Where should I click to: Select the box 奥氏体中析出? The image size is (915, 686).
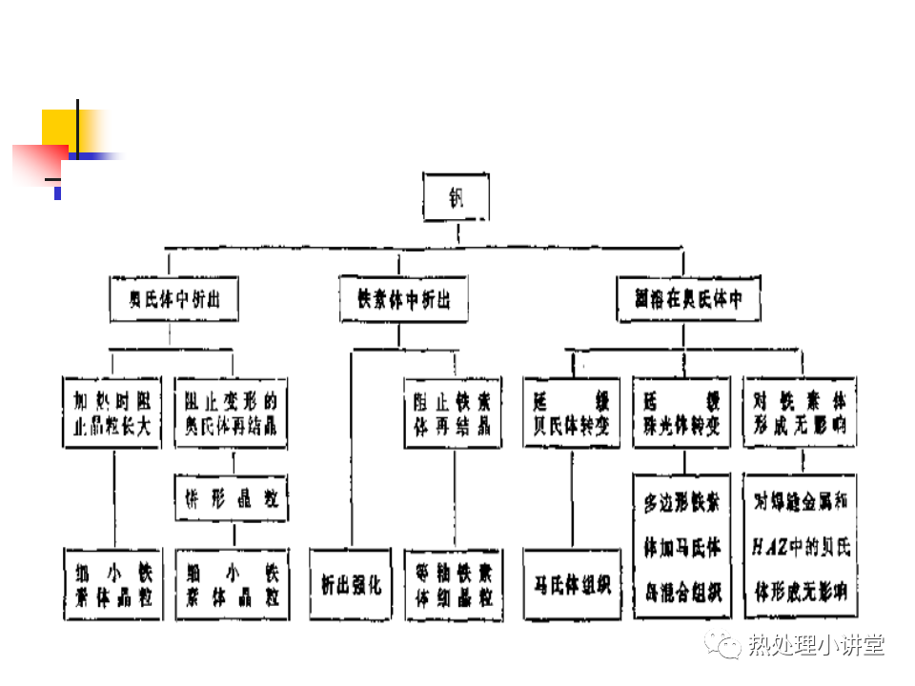(x=173, y=299)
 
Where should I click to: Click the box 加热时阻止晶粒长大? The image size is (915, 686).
(x=112, y=413)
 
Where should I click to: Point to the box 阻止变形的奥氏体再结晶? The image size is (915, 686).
(x=232, y=413)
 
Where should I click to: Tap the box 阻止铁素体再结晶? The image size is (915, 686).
(x=452, y=413)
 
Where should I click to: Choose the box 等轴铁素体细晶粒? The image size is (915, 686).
(x=452, y=584)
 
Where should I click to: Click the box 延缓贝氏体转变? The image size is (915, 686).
(x=572, y=413)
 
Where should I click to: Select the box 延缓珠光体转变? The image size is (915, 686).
(x=681, y=413)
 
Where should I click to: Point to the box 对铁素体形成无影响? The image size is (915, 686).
(x=799, y=413)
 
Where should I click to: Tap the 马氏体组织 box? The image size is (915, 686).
(x=572, y=584)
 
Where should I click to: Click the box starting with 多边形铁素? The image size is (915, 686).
(x=681, y=547)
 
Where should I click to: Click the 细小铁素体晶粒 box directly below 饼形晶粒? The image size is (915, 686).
(x=232, y=584)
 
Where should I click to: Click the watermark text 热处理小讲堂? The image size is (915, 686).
(x=816, y=645)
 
